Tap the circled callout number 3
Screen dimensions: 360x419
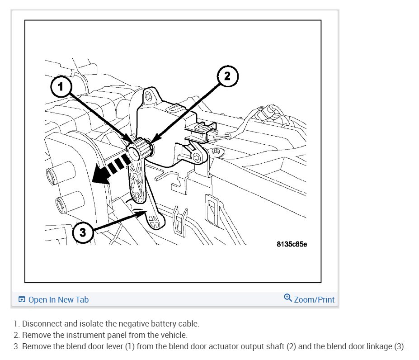point(82,232)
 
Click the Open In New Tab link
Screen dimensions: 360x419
point(58,299)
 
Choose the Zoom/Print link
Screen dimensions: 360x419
point(314,299)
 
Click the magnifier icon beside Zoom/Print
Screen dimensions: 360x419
point(287,298)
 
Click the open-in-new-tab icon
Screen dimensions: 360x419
point(22,299)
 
